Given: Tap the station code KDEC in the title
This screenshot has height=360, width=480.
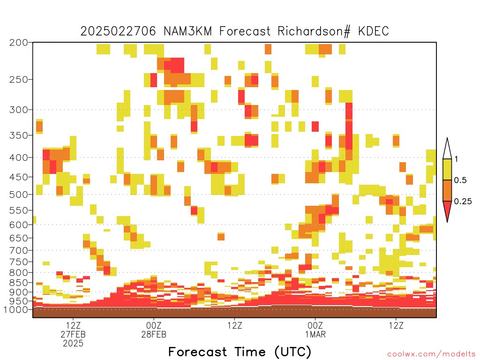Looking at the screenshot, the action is (374, 31).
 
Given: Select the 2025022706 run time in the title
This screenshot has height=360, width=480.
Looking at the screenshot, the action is (118, 31).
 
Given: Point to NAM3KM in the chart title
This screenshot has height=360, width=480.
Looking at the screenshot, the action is (187, 31).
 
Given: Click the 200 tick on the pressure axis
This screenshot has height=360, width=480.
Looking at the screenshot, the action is (19, 43).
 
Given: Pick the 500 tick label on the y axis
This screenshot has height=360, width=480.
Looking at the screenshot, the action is (19, 195).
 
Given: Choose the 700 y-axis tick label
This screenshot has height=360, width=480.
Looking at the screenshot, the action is (19, 250).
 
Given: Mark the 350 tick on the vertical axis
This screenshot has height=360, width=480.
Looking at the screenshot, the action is (19, 135).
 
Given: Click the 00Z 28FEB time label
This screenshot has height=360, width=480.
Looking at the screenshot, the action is (154, 330).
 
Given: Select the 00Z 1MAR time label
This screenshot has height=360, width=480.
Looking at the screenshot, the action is (315, 330).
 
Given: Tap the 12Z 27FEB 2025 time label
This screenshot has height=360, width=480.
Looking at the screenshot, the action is (73, 334).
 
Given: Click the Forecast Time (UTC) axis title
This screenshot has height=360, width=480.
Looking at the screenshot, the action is (240, 352).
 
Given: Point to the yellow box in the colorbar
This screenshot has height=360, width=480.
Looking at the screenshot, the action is (447, 169).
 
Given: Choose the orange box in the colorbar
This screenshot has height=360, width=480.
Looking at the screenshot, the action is (447, 190).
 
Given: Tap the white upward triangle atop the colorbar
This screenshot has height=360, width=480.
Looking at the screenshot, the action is (447, 149).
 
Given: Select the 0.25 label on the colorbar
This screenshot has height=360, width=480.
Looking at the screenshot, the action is (463, 201).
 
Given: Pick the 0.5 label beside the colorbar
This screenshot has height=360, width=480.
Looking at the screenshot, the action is (460, 180).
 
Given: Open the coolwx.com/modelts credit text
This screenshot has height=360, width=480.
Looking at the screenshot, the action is (431, 354).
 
